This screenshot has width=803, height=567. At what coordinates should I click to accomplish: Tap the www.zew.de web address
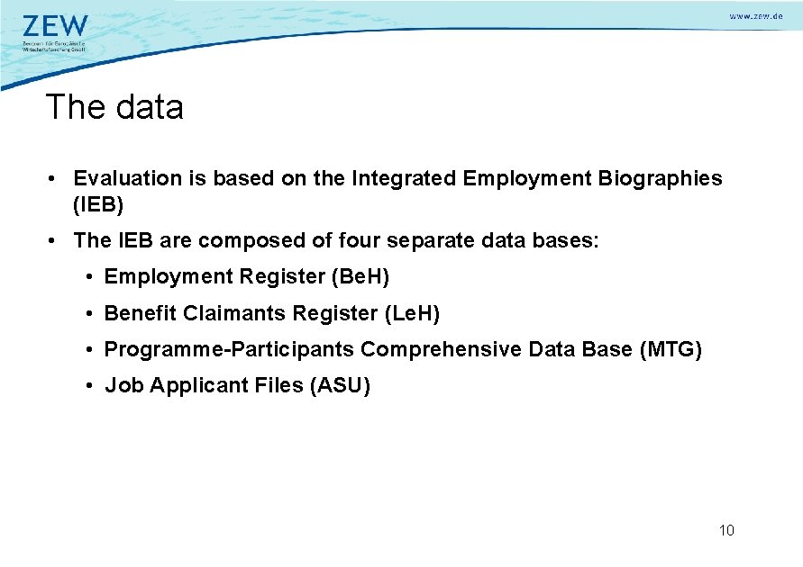pyautogui.click(x=755, y=17)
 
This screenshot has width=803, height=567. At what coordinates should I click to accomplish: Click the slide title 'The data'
pyautogui.click(x=114, y=107)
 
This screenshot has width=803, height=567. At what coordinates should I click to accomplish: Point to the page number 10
pyautogui.click(x=726, y=530)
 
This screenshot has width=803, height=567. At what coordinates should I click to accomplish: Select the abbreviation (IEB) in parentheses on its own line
pyautogui.click(x=98, y=204)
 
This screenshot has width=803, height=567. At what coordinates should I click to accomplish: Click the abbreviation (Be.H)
pyautogui.click(x=360, y=277)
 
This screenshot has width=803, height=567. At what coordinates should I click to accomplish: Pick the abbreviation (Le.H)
pyautogui.click(x=412, y=313)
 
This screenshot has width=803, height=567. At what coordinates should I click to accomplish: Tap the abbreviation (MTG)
pyautogui.click(x=670, y=349)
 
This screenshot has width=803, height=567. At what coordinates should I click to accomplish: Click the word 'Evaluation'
pyautogui.click(x=127, y=178)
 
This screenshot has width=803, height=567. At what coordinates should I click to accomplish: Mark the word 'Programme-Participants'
pyautogui.click(x=229, y=349)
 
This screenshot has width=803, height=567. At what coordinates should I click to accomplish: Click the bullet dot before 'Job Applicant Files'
pyautogui.click(x=91, y=386)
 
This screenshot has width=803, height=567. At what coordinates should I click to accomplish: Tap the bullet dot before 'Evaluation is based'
pyautogui.click(x=56, y=179)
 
